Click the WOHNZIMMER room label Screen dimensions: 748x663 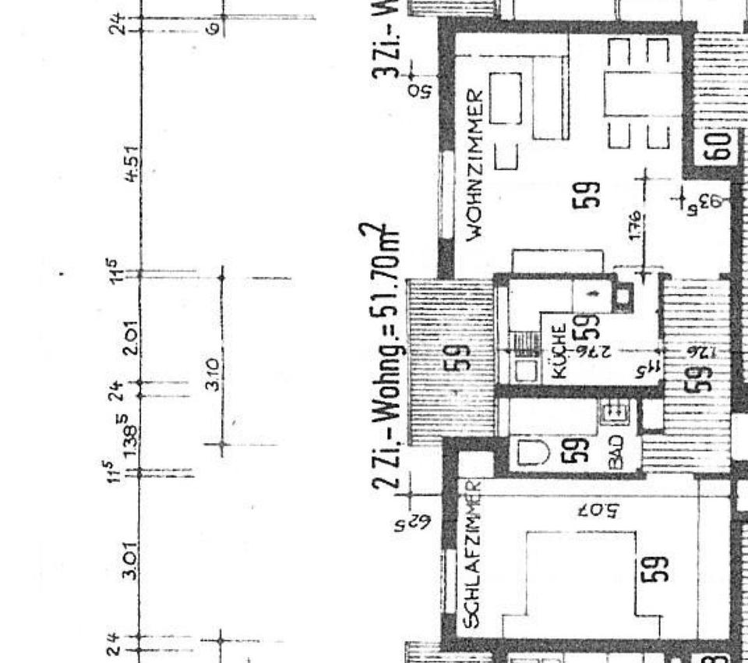click(x=477, y=165)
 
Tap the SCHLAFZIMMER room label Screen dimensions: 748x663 click(x=471, y=555)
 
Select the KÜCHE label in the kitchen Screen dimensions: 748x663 click(x=558, y=352)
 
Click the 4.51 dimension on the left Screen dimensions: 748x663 click(x=132, y=162)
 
